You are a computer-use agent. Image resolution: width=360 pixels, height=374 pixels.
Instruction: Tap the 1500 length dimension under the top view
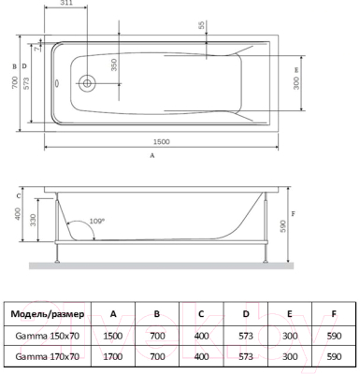pyautogui.click(x=161, y=141)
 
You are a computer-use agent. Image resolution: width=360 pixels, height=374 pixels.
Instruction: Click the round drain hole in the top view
pyautogui.click(x=86, y=82)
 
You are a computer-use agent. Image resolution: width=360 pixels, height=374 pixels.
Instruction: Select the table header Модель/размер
pyautogui.click(x=47, y=314)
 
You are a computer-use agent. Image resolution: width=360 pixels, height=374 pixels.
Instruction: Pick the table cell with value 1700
pyautogui.click(x=113, y=357)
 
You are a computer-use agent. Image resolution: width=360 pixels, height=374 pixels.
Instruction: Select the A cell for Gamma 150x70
pyautogui.click(x=113, y=336)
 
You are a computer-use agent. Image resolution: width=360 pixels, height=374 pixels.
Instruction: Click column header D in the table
pyautogui.click(x=245, y=314)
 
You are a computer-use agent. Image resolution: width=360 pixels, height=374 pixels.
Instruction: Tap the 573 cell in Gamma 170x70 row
pyautogui.click(x=245, y=357)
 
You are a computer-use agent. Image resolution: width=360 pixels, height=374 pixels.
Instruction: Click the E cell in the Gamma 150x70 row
pyautogui.click(x=289, y=336)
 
